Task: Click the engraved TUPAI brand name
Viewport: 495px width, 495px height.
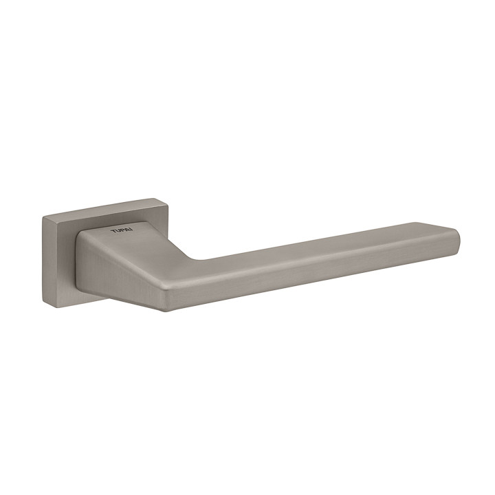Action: [122, 231]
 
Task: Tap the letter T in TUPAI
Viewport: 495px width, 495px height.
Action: [112, 232]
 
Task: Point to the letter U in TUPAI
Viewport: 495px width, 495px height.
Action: [117, 231]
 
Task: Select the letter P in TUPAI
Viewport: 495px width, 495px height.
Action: [122, 231]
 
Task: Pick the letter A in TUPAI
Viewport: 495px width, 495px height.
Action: [126, 230]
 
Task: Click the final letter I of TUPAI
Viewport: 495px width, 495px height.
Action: [131, 230]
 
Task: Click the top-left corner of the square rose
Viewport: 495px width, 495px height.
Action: [43, 217]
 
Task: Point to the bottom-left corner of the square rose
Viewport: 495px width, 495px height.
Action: [43, 304]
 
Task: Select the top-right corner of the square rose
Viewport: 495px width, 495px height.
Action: [168, 199]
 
